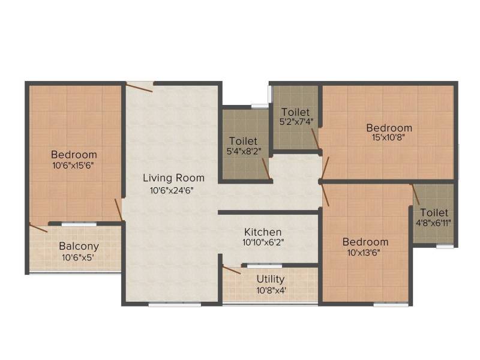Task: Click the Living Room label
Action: tap(173, 178)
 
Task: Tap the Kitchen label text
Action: tap(263, 232)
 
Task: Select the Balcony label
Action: tap(79, 247)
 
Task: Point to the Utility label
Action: tap(271, 279)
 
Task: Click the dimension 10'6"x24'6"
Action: tap(172, 191)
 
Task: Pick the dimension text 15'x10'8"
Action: tap(389, 137)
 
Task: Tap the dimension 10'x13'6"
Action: tap(364, 253)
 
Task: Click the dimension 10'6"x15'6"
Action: tap(73, 166)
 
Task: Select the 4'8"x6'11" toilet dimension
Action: tap(433, 223)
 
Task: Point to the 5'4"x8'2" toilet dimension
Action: tap(244, 151)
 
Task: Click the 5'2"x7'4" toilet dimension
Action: tap(296, 122)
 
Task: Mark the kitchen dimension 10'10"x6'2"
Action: tap(263, 242)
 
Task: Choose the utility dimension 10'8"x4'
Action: tap(271, 290)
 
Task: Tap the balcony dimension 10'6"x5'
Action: tap(78, 257)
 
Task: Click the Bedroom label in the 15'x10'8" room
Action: tap(389, 128)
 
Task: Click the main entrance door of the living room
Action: tap(139, 86)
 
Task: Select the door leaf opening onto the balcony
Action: tap(38, 228)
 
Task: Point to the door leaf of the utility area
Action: tap(232, 269)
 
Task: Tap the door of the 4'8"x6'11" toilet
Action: tap(415, 194)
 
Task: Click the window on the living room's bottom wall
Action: tap(175, 304)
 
